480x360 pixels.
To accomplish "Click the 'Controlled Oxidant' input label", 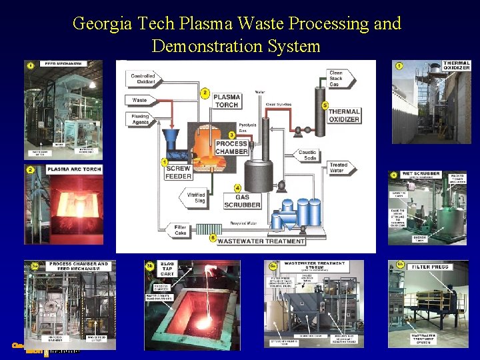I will (143, 79).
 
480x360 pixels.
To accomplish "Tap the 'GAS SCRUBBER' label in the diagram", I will (242, 200).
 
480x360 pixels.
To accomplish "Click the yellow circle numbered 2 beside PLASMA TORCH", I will (205, 92).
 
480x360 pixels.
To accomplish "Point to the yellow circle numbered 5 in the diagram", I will (325, 105).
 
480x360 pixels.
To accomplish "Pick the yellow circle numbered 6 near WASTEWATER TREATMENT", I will (212, 237).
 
